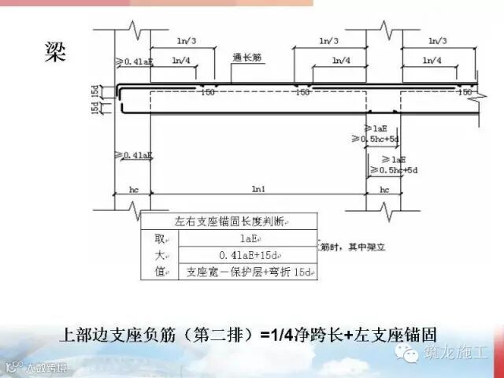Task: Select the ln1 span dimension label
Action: click(258, 189)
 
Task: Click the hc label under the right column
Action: click(384, 190)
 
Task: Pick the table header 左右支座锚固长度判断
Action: click(228, 221)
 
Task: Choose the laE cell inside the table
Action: click(247, 238)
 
